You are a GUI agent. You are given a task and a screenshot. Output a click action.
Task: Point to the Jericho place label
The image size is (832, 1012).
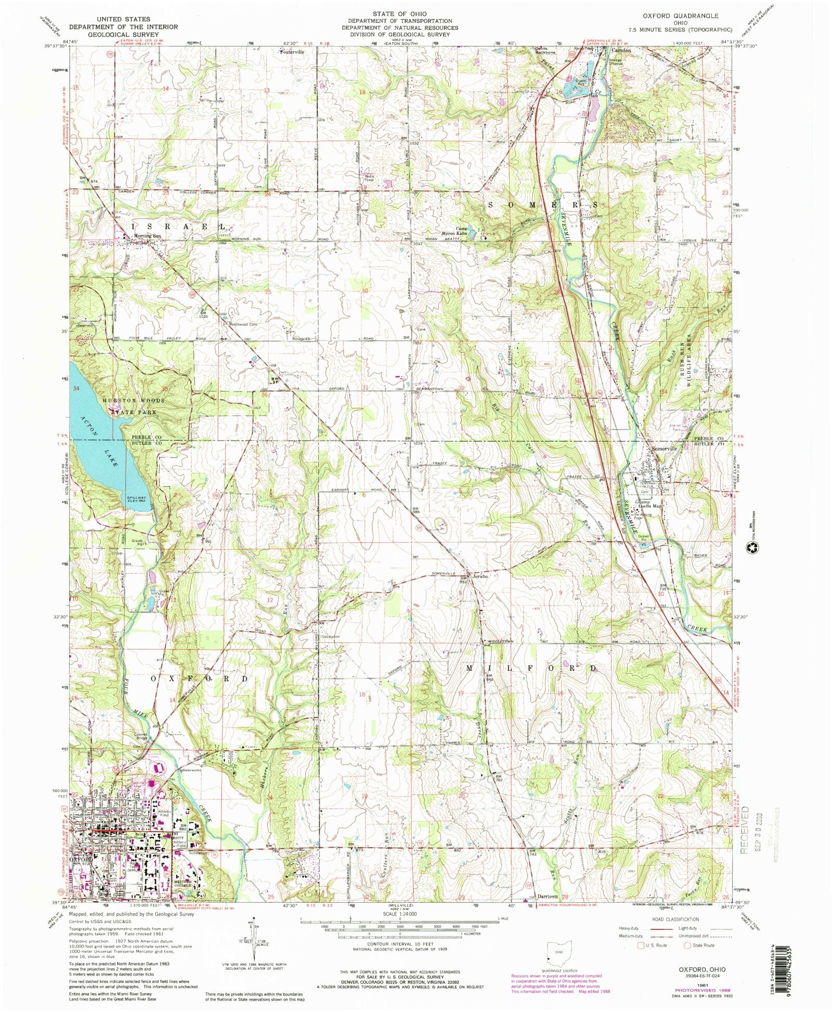pos(479,576)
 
